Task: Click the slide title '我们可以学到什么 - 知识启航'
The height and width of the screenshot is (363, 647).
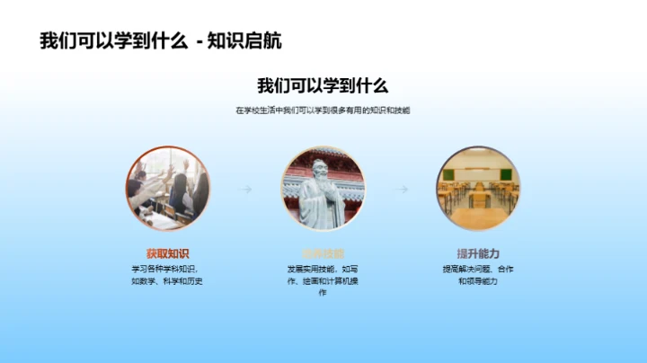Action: pyautogui.click(x=167, y=41)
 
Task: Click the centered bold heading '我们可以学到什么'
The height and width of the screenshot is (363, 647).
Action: pyautogui.click(x=323, y=86)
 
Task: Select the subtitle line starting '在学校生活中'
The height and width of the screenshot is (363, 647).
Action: pyautogui.click(x=323, y=111)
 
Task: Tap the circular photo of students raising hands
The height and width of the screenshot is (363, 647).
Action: pyautogui.click(x=168, y=190)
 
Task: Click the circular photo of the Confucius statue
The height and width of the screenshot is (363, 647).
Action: pyautogui.click(x=323, y=190)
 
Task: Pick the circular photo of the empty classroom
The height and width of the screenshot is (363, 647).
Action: pyautogui.click(x=478, y=190)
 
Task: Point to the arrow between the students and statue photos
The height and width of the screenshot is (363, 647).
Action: pyautogui.click(x=244, y=190)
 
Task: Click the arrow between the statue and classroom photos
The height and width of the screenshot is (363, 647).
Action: pyautogui.click(x=402, y=190)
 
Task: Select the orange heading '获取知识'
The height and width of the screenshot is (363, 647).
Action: pyautogui.click(x=168, y=253)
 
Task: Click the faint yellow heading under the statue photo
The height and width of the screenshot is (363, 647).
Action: pyautogui.click(x=323, y=253)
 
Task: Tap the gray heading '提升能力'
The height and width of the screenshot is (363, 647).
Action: pyautogui.click(x=478, y=253)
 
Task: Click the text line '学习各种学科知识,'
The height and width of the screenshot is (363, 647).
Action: pyautogui.click(x=168, y=269)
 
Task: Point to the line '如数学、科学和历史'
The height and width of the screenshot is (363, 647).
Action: pyautogui.click(x=168, y=281)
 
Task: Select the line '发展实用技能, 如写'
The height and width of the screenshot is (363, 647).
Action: pyautogui.click(x=323, y=269)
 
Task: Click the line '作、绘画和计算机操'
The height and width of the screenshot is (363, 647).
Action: pyautogui.click(x=323, y=281)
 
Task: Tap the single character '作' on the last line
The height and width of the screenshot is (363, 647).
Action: pyautogui.click(x=323, y=294)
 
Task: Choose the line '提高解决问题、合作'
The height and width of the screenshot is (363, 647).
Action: pyautogui.click(x=478, y=269)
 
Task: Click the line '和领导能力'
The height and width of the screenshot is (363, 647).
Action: pyautogui.click(x=478, y=281)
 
